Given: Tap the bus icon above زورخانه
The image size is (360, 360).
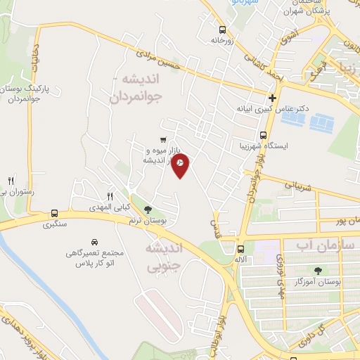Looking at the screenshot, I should [223, 30].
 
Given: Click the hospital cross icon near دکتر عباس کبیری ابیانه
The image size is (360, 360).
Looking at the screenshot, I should [272, 97].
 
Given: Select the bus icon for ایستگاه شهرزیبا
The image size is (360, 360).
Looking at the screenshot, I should [264, 136].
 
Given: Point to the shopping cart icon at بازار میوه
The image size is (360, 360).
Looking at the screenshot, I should [163, 139].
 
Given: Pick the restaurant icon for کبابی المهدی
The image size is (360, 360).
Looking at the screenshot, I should [109, 196].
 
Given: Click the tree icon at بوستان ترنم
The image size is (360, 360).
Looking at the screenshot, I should [147, 209].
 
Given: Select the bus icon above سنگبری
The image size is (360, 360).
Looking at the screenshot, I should [54, 214].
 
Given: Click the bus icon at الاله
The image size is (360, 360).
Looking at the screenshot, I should [240, 249].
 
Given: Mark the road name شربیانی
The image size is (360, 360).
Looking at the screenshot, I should [281, 184].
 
